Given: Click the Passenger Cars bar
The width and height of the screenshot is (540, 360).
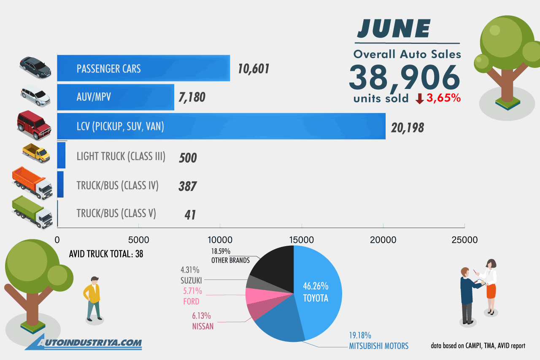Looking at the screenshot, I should pos(143,68).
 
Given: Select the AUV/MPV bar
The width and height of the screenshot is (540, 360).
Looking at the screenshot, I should pos(116,97).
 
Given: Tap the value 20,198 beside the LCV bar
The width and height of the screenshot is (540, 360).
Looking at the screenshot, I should pos(407,127).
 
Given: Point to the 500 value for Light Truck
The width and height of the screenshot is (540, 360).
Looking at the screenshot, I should pos(188,158).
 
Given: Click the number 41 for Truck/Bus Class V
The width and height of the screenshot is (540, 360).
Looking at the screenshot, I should pos(190,215).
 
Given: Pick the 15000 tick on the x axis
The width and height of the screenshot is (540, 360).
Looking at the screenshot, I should pos(302,240).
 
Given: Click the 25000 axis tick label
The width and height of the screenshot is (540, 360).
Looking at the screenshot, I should pos(464,240).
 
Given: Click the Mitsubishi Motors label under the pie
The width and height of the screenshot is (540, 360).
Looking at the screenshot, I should pos(378,346).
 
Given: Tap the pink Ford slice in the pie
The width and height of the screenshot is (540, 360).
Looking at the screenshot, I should pos(254,296).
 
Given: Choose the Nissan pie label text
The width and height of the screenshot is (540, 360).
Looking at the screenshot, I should pos(203,326).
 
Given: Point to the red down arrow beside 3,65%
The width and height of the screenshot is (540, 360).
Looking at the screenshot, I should pos(420,99).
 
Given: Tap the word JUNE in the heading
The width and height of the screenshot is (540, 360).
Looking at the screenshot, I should pos(394,29).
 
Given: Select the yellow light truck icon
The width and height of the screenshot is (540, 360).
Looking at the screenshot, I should pos(36,153).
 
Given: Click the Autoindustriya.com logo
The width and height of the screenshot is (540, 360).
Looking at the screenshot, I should pos(84,342).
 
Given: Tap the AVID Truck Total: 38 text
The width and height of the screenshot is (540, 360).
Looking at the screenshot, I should pos(106,255).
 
